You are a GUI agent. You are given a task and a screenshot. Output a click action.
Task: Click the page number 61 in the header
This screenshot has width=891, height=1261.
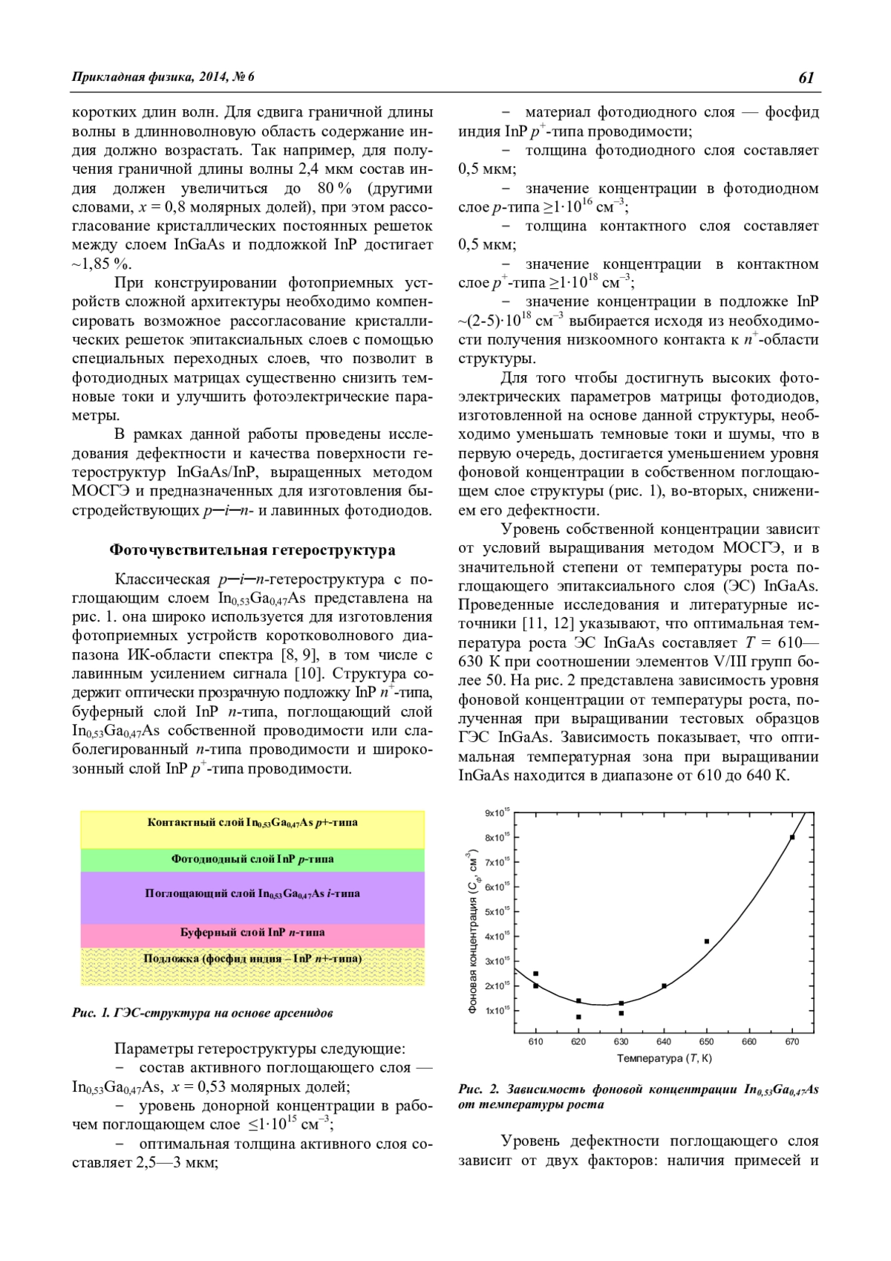806,77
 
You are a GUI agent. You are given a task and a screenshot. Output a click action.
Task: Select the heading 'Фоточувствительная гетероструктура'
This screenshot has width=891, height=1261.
252,550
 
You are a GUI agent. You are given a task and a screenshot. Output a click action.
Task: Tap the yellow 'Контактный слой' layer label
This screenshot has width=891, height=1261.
252,823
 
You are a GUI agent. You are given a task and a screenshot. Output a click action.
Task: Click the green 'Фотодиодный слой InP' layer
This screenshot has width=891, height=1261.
252,859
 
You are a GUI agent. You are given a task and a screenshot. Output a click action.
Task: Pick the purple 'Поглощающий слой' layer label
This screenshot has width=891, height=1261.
252,893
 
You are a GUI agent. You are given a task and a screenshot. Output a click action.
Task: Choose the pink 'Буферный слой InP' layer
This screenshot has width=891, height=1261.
252,933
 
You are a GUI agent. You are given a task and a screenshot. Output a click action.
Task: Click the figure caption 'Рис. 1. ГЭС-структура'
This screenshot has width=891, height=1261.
202,1013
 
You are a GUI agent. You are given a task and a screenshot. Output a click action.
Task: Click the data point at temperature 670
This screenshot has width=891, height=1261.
792,837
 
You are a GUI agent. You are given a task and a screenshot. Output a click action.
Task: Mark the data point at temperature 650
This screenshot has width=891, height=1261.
707,942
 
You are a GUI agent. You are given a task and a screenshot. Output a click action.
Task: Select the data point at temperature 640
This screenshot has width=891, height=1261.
664,986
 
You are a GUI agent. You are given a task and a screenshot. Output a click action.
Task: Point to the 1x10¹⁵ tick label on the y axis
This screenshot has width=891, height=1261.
497,1011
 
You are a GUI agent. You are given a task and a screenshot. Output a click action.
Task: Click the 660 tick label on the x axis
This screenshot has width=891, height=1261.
749,1042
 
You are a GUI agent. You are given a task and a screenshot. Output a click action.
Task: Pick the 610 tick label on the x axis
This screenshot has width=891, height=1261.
535,1042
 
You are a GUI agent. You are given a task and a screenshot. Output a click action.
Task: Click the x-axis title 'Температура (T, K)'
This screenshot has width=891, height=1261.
664,1058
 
